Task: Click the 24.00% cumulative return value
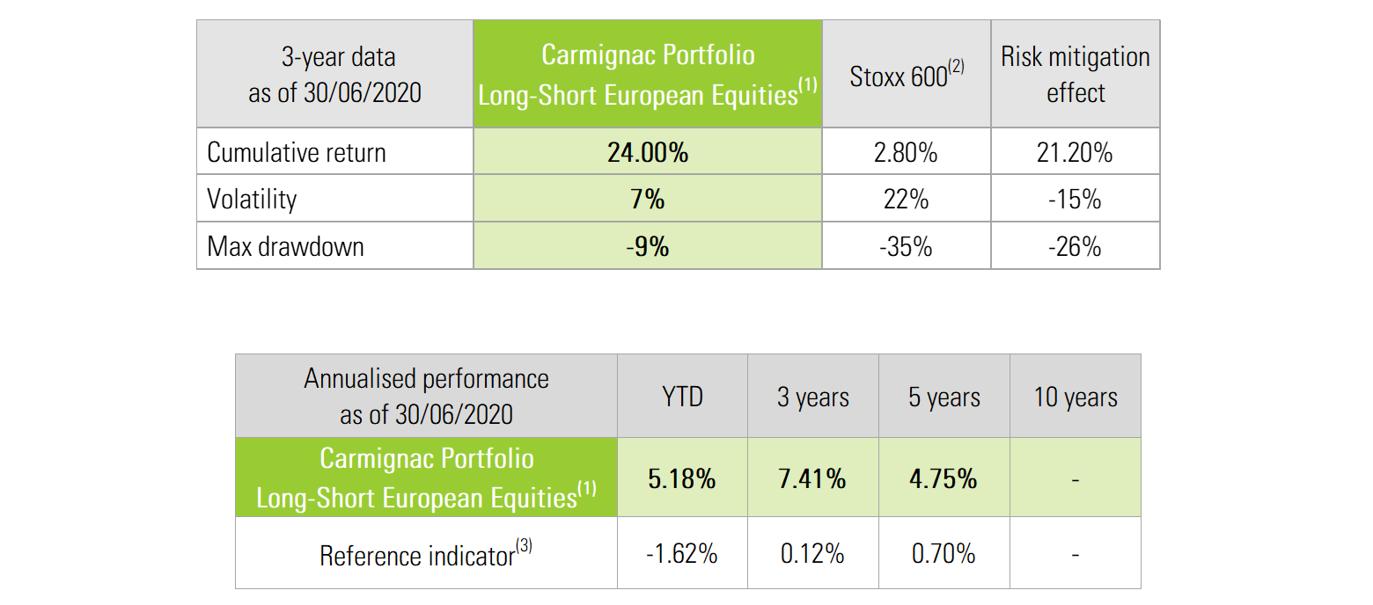[x=647, y=152]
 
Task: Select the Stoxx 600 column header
[x=906, y=76]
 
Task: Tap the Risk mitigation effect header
[x=1075, y=75]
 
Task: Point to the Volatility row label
[x=252, y=200]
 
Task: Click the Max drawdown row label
[x=285, y=246]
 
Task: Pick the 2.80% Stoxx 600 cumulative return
[x=906, y=152]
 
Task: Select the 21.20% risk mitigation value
[x=1075, y=152]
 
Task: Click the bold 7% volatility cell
[x=647, y=200]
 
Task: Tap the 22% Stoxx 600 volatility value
[x=906, y=200]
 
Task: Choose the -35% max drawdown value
[x=906, y=246]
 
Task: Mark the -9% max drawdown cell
[x=647, y=246]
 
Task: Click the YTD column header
[x=682, y=397]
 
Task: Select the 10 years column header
[x=1075, y=397]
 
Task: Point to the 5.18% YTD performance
[x=682, y=478]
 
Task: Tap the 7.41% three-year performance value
[x=812, y=478]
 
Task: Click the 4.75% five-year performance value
[x=943, y=478]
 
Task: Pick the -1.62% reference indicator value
[x=682, y=554]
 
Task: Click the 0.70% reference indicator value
[x=943, y=554]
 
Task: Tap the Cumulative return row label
[x=296, y=152]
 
